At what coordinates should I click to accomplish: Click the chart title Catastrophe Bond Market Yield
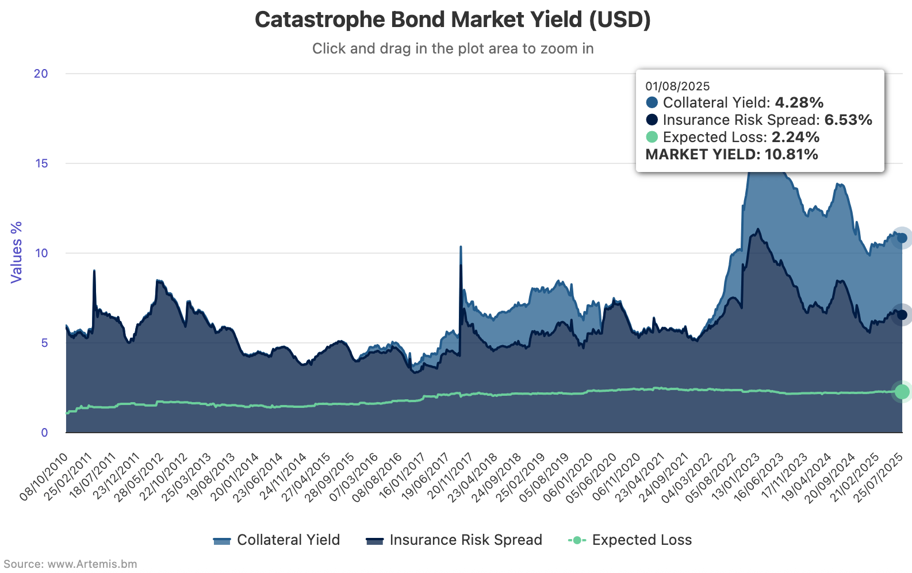coord(453,20)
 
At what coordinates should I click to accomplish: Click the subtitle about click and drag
coord(453,48)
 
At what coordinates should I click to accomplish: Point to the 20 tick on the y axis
coord(41,74)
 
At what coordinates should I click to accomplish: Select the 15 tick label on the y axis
coord(41,163)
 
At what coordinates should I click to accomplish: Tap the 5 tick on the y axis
coord(44,343)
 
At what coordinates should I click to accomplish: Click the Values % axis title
coord(16,252)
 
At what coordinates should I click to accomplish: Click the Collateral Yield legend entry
coord(277,540)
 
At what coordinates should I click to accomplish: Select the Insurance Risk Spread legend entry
coord(454,540)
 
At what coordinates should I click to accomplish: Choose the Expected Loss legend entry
coord(630,540)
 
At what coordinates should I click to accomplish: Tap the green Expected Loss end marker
coord(902,391)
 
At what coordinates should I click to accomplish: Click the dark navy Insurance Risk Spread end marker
coord(902,315)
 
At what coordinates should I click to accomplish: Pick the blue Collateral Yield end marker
coord(902,238)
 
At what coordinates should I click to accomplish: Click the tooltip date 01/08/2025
coord(677,86)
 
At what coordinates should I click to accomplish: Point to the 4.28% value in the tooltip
coord(799,102)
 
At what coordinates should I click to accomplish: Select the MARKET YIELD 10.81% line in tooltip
coord(731,154)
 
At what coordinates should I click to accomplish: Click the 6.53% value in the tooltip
coord(848,120)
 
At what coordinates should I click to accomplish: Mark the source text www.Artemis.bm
coord(92,564)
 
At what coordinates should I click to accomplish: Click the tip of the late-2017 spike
coord(461,247)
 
